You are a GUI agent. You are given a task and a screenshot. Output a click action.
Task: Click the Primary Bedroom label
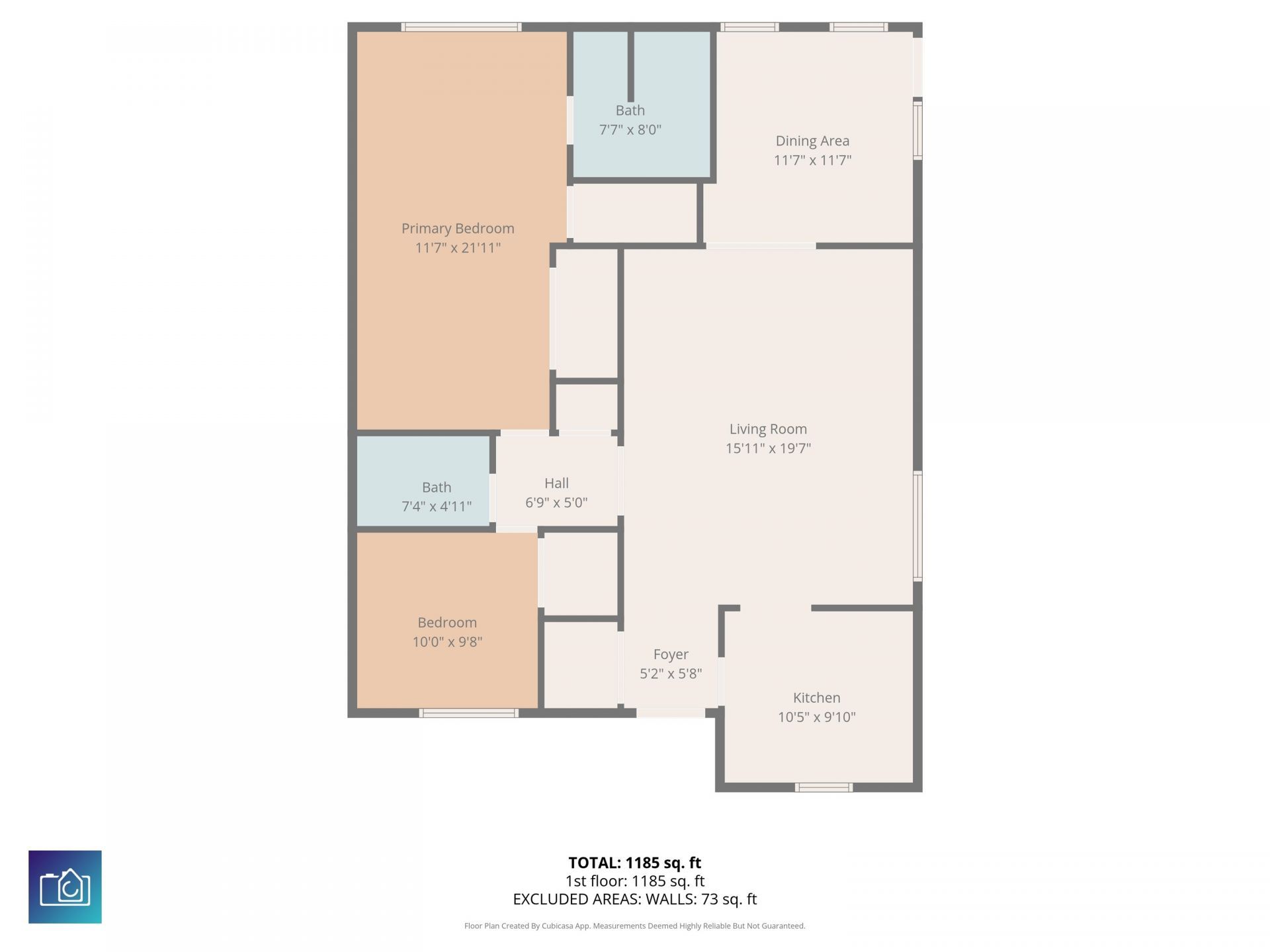pyautogui.click(x=458, y=229)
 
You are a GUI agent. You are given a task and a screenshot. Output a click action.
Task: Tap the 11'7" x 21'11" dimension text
pyautogui.click(x=458, y=248)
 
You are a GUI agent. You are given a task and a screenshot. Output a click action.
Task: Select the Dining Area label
pyautogui.click(x=812, y=141)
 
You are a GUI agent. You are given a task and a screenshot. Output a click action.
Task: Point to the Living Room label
pyautogui.click(x=768, y=429)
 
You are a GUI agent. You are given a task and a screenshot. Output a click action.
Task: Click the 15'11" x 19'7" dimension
pyautogui.click(x=768, y=448)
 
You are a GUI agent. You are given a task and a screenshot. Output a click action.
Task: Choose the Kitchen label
pyautogui.click(x=817, y=697)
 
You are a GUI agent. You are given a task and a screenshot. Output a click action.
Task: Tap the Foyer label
pyautogui.click(x=671, y=654)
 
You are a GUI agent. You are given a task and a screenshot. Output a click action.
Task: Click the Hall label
pyautogui.click(x=557, y=483)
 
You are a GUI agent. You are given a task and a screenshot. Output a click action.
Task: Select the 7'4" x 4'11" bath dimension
pyautogui.click(x=437, y=506)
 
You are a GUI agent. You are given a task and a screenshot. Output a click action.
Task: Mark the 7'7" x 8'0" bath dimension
pyautogui.click(x=630, y=130)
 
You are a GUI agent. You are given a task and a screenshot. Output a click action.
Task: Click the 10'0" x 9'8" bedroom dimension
pyautogui.click(x=447, y=642)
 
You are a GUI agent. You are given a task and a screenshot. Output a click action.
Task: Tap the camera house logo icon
pyautogui.click(x=65, y=887)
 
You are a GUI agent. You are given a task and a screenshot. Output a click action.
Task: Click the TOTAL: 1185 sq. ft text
pyautogui.click(x=635, y=863)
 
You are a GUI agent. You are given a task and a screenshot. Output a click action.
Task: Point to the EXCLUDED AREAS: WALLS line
pyautogui.click(x=635, y=899)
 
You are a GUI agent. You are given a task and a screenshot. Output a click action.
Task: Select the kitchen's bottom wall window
pyautogui.click(x=824, y=787)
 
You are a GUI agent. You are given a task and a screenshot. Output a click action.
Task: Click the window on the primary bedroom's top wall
pyautogui.click(x=461, y=27)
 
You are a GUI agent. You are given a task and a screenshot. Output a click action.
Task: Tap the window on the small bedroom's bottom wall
pyautogui.click(x=469, y=713)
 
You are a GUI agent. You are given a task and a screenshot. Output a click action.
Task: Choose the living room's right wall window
pyautogui.click(x=917, y=526)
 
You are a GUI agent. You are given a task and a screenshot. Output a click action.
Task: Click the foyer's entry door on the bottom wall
pyautogui.click(x=671, y=713)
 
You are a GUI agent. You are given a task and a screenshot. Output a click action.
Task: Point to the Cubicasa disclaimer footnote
pyautogui.click(x=635, y=926)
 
